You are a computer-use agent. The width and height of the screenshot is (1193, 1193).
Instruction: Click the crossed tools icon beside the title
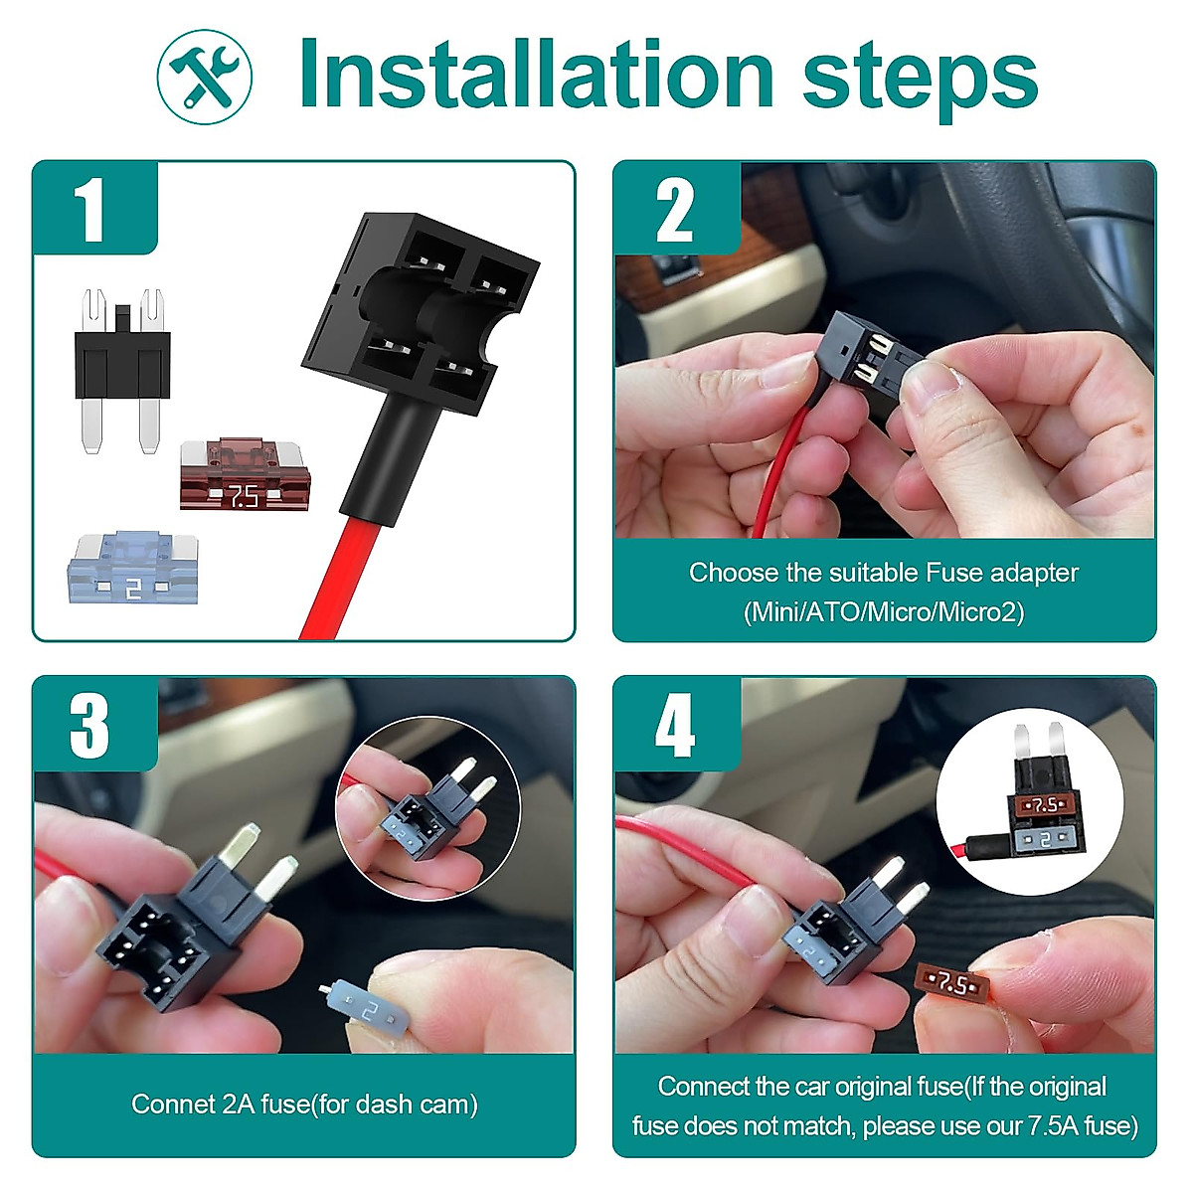[205, 77]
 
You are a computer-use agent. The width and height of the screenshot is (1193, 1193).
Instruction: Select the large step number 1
[91, 210]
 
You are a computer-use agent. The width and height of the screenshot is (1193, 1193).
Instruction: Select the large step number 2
[675, 210]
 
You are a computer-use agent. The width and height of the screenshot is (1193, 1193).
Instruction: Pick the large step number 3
[90, 726]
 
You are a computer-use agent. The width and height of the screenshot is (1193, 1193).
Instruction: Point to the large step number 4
[675, 726]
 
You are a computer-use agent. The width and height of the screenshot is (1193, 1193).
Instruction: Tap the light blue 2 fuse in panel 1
[132, 569]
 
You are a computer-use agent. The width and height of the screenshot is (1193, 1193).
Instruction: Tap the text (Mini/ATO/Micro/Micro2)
[883, 611]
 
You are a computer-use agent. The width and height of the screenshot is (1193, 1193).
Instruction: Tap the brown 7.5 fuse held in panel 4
[951, 985]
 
